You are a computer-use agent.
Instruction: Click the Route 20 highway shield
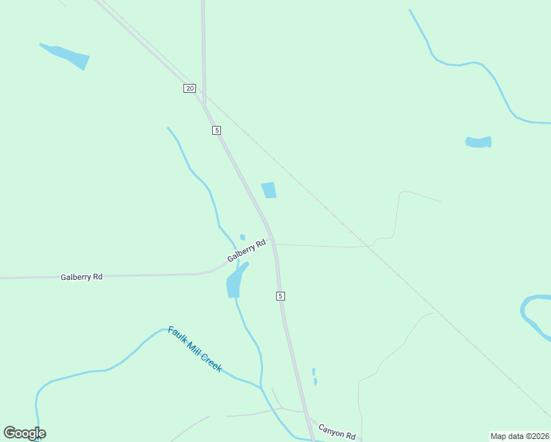(190, 88)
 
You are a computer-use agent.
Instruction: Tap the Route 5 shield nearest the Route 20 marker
(217, 130)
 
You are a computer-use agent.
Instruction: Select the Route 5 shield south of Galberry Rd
(281, 295)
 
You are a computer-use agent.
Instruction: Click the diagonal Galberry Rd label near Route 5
(245, 250)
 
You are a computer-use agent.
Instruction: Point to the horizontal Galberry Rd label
(81, 277)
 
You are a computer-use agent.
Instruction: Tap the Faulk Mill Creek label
(194, 349)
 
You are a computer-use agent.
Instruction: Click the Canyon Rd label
(337, 431)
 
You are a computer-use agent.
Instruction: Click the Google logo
(24, 433)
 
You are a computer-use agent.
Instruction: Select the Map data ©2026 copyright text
(519, 436)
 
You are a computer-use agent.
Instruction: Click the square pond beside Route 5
(269, 190)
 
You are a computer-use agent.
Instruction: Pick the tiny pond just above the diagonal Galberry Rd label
(242, 237)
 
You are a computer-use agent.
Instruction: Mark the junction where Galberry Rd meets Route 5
(274, 242)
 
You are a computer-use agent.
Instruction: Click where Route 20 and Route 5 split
(204, 102)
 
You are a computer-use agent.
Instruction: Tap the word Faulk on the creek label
(177, 336)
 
